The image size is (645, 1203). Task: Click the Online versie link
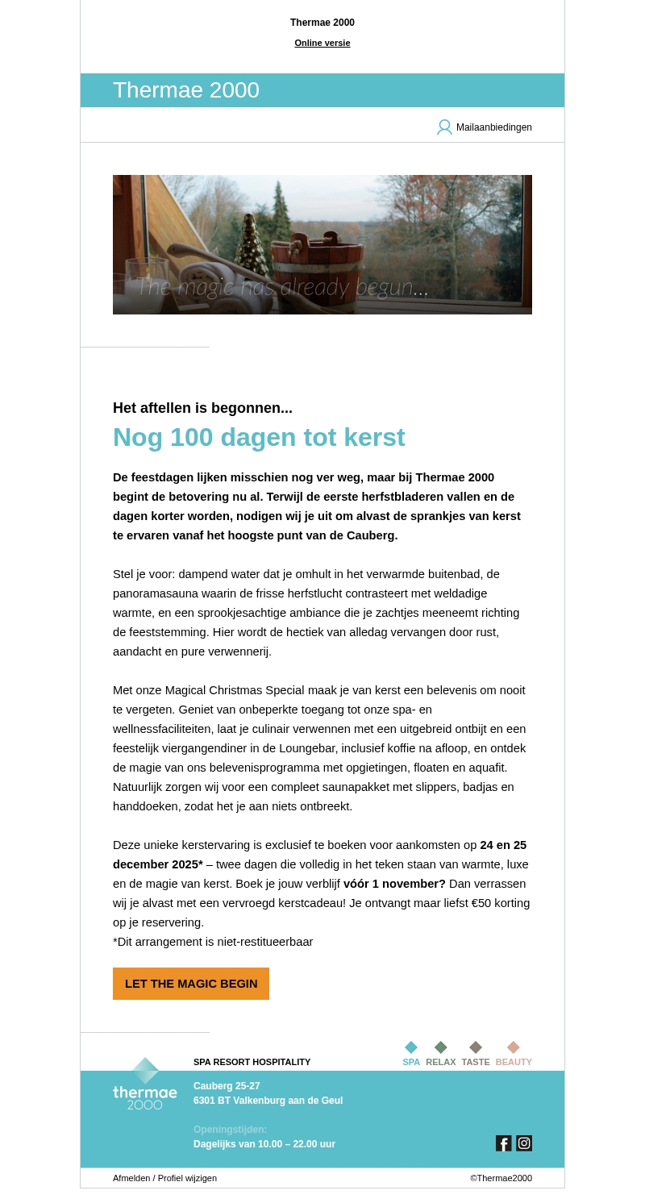(x=322, y=43)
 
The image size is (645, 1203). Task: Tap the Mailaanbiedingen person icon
(x=444, y=127)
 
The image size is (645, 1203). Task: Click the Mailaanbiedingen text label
(x=493, y=127)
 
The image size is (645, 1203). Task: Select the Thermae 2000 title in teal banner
(x=186, y=90)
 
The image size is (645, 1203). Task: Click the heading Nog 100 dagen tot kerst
(x=259, y=437)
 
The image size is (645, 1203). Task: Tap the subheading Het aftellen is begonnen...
(x=202, y=408)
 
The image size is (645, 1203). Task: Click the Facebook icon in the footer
(x=503, y=1143)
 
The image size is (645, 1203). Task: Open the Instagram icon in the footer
(x=524, y=1143)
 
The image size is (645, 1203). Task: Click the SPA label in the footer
(x=411, y=1062)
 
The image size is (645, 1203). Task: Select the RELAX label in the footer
(x=440, y=1062)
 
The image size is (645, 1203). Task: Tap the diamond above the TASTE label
(x=476, y=1047)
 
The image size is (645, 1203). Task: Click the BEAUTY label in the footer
(x=514, y=1062)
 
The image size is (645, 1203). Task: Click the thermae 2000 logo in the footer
(x=145, y=1084)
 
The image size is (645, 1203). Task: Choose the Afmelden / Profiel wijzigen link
(x=164, y=1178)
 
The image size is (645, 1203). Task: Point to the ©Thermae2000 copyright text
(x=501, y=1178)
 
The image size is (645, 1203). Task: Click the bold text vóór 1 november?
(x=394, y=884)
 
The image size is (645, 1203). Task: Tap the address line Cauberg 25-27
(x=227, y=1086)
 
